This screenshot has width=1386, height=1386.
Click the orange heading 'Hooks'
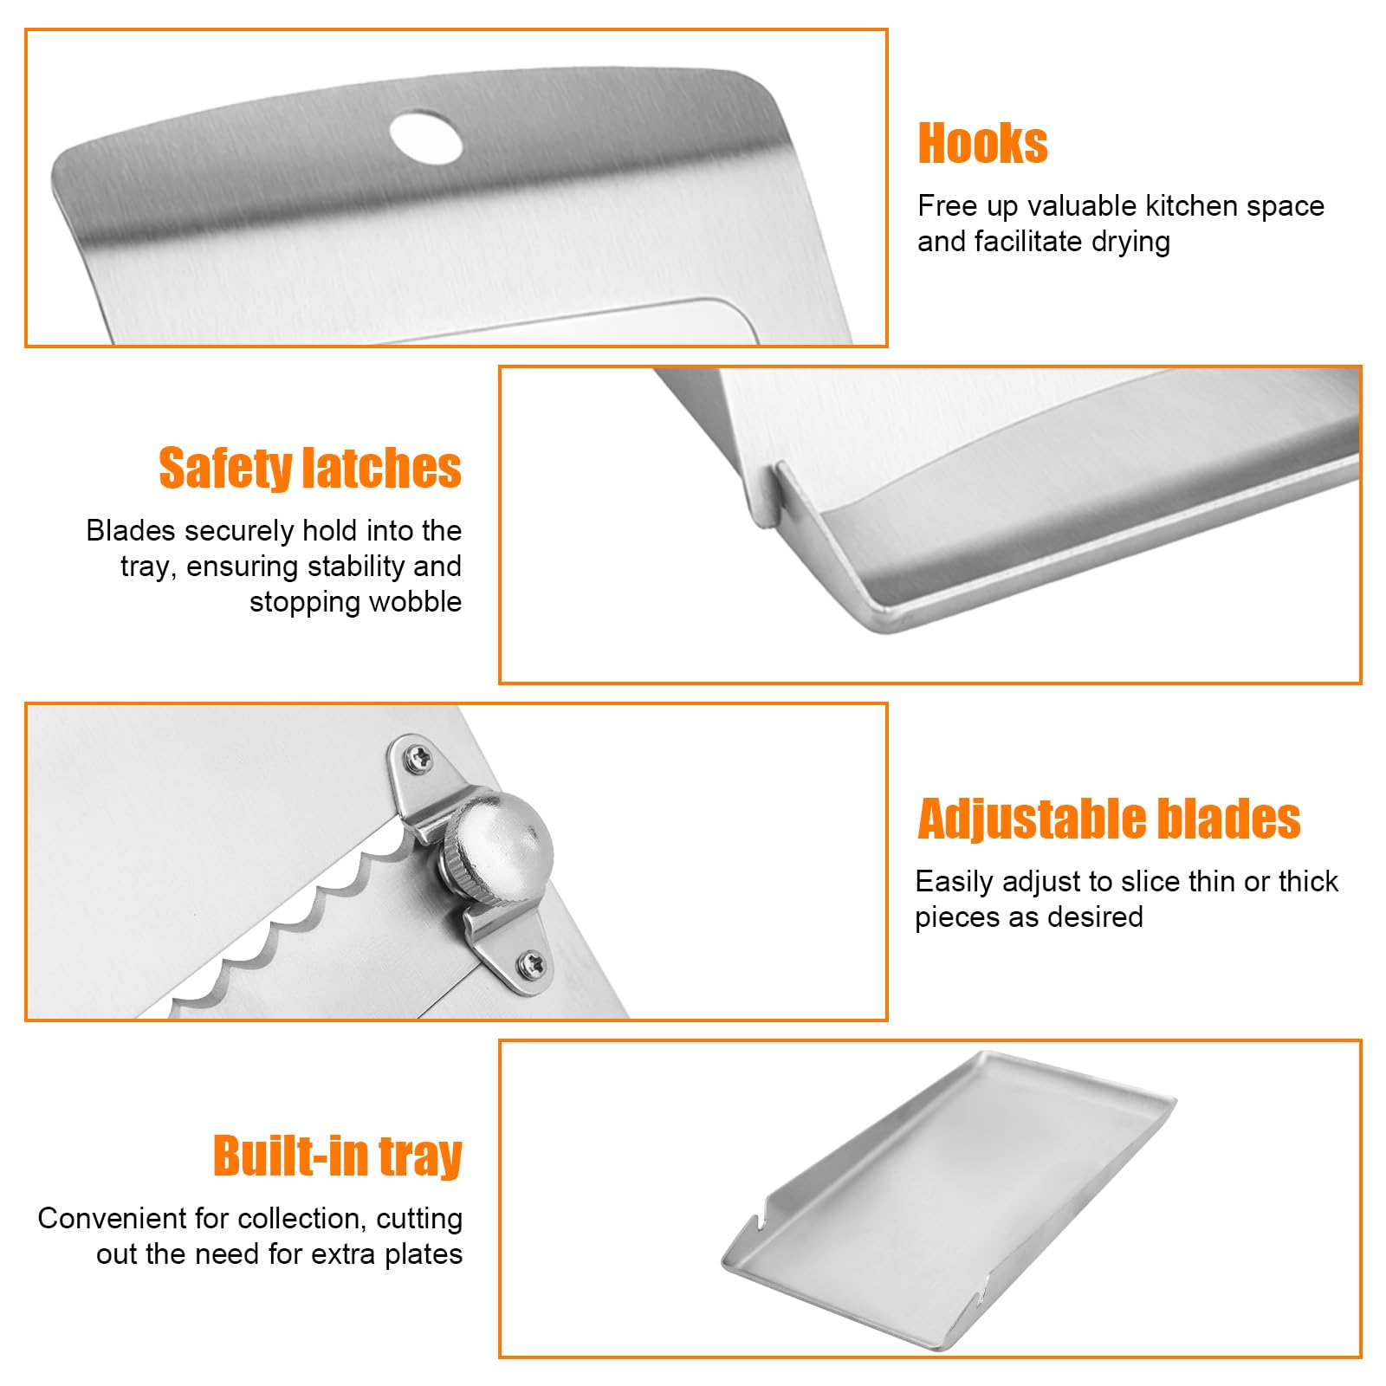982,143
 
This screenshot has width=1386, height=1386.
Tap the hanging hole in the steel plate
425,135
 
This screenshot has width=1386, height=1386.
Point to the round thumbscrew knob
502,838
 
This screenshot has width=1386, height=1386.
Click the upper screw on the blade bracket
422,756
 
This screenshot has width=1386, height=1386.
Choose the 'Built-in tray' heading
338,1156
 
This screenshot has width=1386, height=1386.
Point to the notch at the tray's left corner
754,1223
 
